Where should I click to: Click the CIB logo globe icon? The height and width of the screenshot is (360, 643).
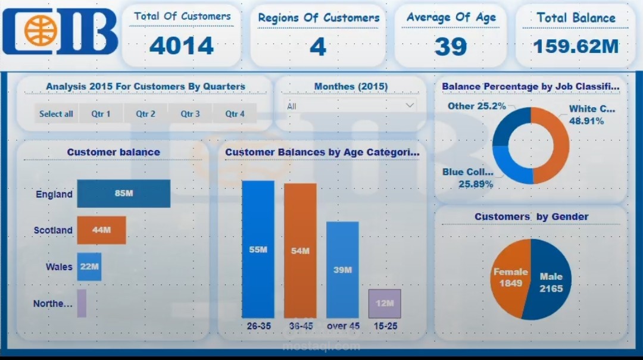click(40, 30)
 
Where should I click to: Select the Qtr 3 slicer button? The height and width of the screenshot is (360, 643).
click(190, 114)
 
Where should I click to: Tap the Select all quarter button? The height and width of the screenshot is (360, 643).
click(57, 114)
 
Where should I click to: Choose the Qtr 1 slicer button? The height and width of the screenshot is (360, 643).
click(101, 114)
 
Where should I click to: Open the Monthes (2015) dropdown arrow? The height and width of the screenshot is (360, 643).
click(410, 105)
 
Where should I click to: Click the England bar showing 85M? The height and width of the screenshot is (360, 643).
click(124, 193)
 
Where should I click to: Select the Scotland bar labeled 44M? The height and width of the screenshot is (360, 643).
click(101, 230)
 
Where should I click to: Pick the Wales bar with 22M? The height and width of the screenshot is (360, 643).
click(89, 267)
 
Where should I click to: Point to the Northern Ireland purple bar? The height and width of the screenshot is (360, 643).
click(82, 303)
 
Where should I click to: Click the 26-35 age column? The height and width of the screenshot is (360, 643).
click(258, 250)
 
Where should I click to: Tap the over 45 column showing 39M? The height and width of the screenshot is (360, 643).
click(342, 270)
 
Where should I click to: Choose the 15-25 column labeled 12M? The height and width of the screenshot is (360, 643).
click(385, 303)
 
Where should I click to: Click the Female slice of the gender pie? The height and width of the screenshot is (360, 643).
click(508, 278)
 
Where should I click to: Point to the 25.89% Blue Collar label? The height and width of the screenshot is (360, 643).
click(476, 184)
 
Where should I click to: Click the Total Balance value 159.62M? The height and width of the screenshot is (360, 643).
click(576, 46)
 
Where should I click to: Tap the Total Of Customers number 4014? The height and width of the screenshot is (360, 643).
click(182, 46)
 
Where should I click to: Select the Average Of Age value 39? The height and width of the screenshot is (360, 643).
click(451, 46)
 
